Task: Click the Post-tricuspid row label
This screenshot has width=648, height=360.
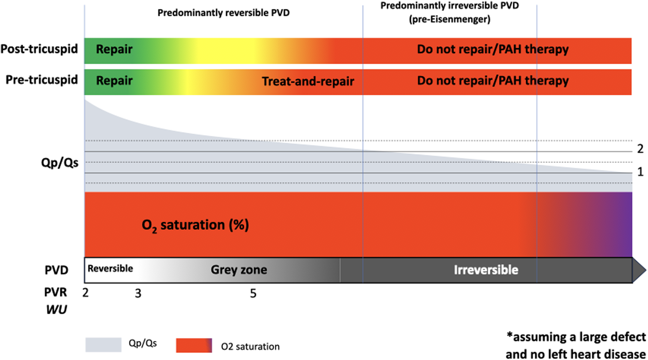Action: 39,49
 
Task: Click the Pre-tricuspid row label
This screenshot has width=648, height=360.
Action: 42,80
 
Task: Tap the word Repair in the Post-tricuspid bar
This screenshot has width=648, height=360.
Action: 114,49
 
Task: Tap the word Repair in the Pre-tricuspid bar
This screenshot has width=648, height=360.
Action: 114,81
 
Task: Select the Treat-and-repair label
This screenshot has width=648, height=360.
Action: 308,81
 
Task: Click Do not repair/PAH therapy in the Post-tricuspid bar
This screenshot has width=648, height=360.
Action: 492,49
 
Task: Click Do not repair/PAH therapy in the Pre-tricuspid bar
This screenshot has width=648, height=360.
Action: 492,81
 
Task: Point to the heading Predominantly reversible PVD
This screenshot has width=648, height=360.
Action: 223,13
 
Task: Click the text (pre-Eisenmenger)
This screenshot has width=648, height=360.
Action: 450,19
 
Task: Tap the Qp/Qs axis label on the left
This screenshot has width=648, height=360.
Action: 60,163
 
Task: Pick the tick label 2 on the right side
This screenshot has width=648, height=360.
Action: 640,149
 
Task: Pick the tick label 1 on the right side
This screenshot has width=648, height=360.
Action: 640,171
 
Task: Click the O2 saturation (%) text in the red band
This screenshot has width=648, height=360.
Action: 195,225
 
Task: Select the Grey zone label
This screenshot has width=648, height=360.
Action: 239,270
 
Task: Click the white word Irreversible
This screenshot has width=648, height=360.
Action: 486,270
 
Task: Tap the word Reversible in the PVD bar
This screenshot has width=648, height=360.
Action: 110,269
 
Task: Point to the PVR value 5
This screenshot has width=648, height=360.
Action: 253,294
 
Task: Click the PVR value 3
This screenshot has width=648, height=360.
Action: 138,294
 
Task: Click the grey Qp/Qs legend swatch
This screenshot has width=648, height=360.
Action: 103,345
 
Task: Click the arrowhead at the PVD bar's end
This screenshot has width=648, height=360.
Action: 638,270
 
